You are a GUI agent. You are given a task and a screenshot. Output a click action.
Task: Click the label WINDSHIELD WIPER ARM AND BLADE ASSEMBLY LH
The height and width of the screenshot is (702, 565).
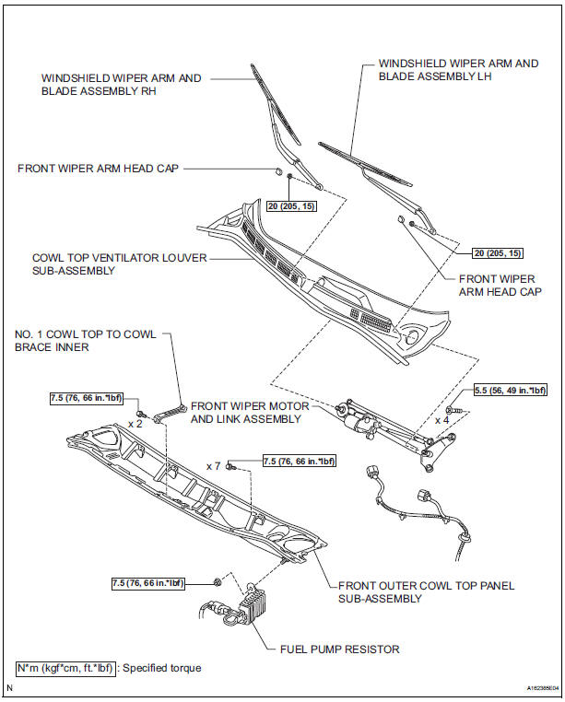tap(458, 70)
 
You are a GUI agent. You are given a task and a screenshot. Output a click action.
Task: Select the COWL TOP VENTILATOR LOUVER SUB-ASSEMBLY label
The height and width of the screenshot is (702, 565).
tap(119, 264)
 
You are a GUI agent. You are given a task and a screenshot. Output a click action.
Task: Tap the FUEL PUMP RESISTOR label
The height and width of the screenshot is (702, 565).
tap(339, 649)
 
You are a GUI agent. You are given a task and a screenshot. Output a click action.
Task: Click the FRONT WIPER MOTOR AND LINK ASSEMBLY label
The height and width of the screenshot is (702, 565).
tap(244, 413)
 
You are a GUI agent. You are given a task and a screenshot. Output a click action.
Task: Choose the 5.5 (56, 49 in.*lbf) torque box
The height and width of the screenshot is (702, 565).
tap(510, 391)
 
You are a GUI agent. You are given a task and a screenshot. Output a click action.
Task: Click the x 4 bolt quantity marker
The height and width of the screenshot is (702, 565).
tap(443, 419)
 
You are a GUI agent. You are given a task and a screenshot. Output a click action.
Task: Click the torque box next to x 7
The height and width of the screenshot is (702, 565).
tap(300, 461)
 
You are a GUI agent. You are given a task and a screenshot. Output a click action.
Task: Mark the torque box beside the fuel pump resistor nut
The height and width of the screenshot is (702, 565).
tap(147, 583)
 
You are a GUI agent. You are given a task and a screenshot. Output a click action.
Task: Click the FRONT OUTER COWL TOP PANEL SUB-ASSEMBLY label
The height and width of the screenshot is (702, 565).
tap(426, 591)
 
